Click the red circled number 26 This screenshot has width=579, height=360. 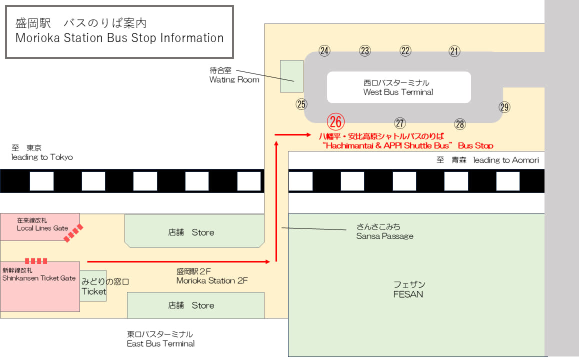(x=335, y=121)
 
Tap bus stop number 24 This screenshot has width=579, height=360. (x=325, y=50)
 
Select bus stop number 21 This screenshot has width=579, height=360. (x=454, y=50)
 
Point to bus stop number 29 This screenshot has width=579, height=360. (x=504, y=106)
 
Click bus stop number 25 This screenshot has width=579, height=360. (x=301, y=104)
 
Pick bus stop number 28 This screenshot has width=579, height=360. (x=459, y=124)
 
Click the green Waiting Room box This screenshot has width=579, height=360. (x=291, y=76)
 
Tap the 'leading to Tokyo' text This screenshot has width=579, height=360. (x=42, y=157)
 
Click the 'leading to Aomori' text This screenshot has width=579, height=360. (x=505, y=160)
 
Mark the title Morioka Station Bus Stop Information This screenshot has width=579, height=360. (x=119, y=38)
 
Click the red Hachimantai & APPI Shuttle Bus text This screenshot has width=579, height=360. (x=407, y=145)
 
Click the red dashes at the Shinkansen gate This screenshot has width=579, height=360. (x=36, y=260)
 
